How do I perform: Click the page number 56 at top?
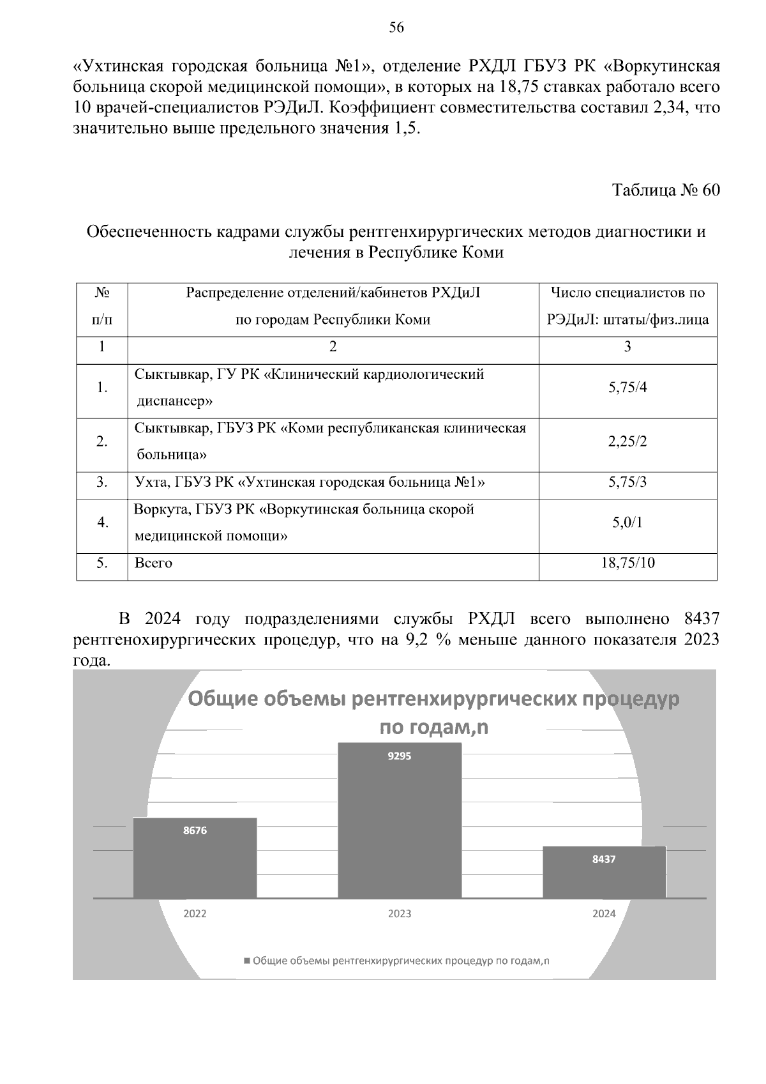click(396, 27)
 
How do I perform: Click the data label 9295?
click(400, 756)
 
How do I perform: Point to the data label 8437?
click(604, 859)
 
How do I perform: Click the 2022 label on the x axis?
click(195, 913)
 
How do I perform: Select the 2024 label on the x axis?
click(604, 913)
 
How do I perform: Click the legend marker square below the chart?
click(247, 961)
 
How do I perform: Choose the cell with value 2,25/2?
click(627, 441)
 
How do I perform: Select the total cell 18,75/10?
click(627, 563)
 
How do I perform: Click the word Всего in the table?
click(153, 563)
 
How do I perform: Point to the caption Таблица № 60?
click(666, 190)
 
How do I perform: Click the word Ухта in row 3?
click(151, 482)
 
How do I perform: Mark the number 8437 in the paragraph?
click(700, 619)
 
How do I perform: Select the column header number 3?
click(627, 347)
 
